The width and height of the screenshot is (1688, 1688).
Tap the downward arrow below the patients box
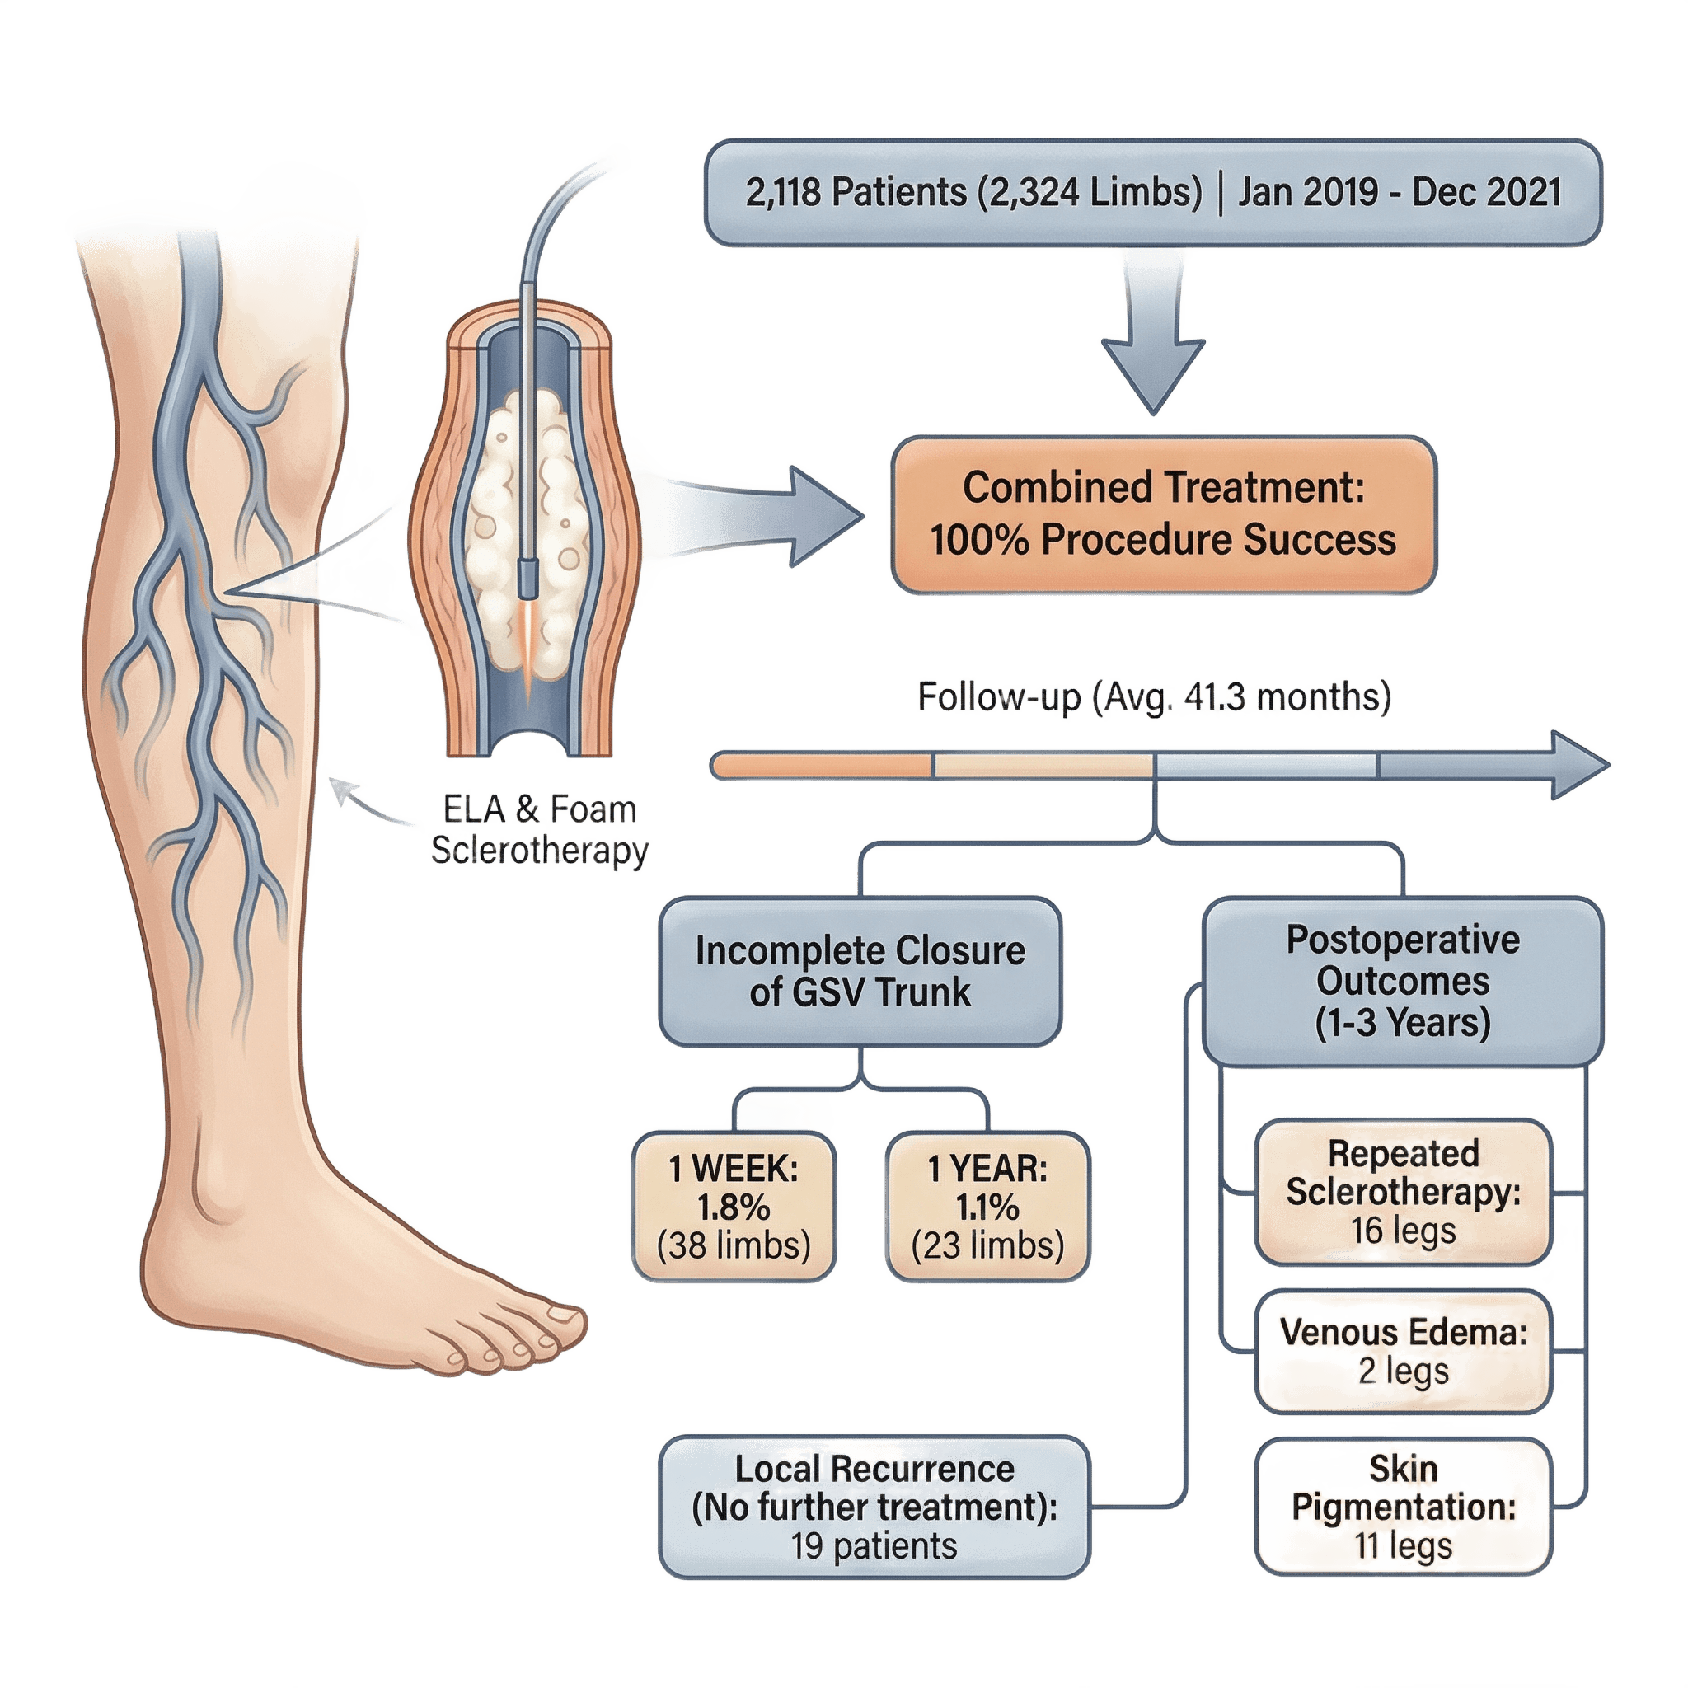coord(1153,349)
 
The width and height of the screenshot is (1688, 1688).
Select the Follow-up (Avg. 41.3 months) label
coord(1153,697)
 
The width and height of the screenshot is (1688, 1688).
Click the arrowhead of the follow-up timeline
coord(1580,766)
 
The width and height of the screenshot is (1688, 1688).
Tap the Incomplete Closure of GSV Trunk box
coord(860,972)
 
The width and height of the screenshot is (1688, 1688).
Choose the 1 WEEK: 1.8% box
coord(734,1207)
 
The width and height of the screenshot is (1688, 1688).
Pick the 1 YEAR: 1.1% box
coord(988,1207)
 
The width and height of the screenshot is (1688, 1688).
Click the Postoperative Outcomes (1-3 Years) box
coord(1403,981)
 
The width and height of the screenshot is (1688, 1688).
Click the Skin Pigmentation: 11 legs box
coord(1403,1507)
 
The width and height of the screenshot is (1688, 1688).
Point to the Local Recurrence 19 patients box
coord(874,1507)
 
